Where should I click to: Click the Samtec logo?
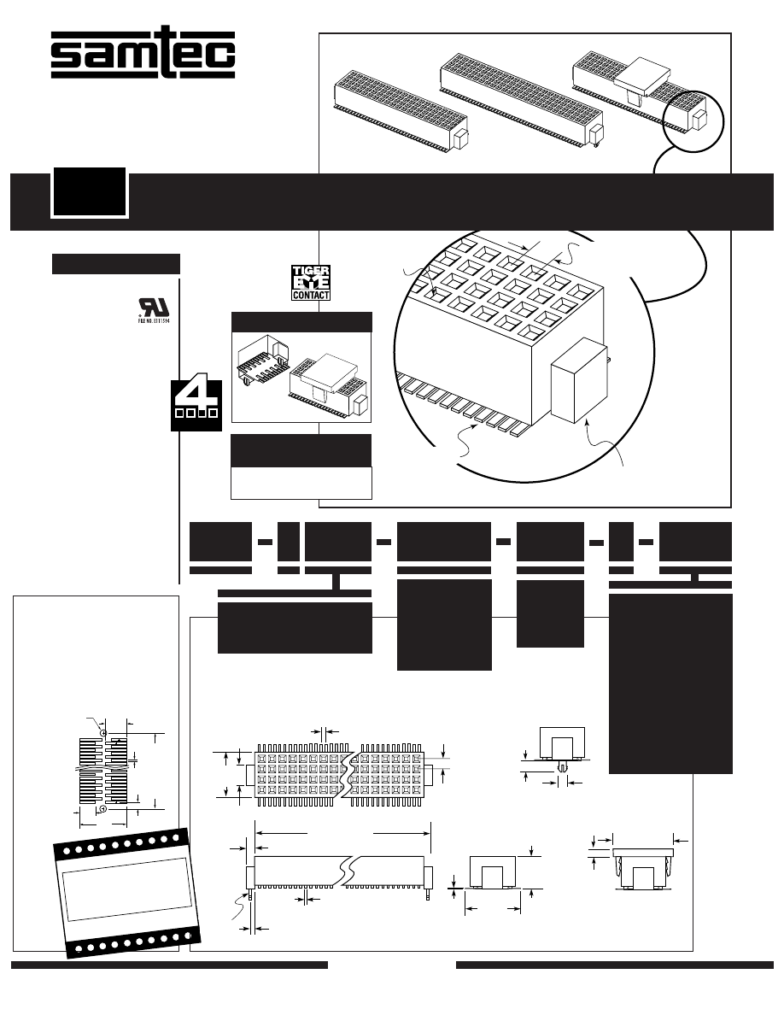[143, 56]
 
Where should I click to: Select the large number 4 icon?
[196, 401]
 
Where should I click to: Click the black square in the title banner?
[89, 192]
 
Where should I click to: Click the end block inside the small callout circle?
[700, 119]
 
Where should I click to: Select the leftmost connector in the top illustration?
[401, 107]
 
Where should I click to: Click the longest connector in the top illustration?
[521, 96]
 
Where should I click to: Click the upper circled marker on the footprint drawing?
[103, 733]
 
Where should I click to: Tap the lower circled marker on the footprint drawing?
[103, 807]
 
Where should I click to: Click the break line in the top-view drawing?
[349, 772]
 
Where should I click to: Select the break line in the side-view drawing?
[345, 872]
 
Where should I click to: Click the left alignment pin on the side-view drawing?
[250, 895]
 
